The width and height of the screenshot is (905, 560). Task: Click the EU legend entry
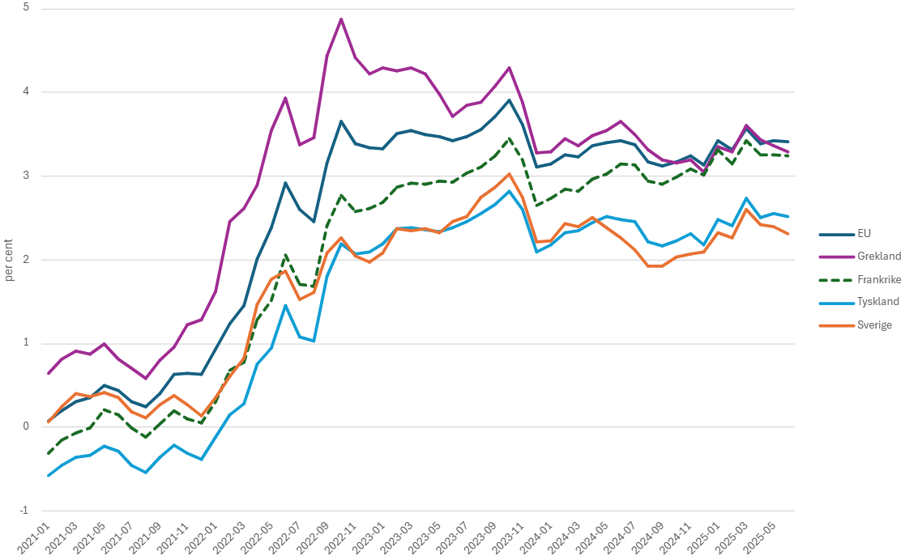click(x=864, y=233)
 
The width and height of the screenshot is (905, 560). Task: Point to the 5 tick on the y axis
click(x=26, y=8)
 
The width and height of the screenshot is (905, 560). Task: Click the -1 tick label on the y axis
click(x=24, y=511)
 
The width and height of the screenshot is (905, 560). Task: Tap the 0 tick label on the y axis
click(x=26, y=426)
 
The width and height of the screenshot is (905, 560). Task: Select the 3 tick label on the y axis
click(x=26, y=176)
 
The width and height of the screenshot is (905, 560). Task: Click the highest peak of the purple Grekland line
click(x=341, y=19)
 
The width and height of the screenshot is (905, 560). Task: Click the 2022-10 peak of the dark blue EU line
click(x=341, y=121)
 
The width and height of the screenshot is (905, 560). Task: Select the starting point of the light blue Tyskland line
click(x=49, y=476)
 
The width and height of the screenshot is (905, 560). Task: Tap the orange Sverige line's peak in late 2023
click(x=509, y=173)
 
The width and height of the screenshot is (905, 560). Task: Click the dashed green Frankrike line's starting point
click(x=49, y=453)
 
